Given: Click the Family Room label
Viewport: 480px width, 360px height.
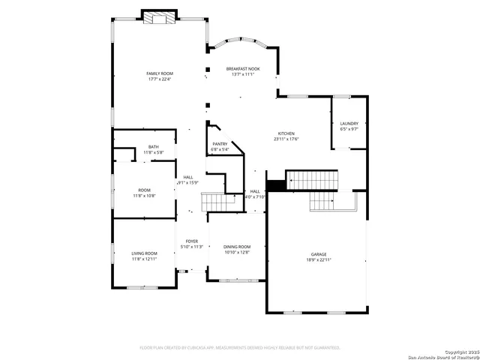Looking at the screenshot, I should coord(159,73).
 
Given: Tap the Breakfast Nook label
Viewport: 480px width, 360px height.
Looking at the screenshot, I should coord(243,68).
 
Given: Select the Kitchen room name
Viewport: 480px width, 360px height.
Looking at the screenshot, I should coord(286,133).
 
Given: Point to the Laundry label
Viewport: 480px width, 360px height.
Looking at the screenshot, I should coord(349,124).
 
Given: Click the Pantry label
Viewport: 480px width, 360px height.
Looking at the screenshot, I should coord(220,144).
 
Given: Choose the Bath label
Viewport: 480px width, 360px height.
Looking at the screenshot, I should coord(153,147).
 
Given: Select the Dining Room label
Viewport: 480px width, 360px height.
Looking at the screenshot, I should coord(237,247).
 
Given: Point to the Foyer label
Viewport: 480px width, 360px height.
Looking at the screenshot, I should coord(192,241).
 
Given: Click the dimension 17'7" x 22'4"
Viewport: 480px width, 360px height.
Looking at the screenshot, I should coord(159,79).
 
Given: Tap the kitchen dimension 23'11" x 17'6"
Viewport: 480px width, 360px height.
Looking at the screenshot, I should coord(286,139).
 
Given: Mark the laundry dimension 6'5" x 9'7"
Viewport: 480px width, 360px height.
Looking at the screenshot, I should coord(349,129).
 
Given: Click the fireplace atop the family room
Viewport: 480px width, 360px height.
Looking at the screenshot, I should coord(160,17).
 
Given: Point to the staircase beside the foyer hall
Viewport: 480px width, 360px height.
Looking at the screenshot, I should coord(213,202).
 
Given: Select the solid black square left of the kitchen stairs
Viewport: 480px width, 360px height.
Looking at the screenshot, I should coord(277,184).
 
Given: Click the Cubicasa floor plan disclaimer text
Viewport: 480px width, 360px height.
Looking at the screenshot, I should coord(240,347).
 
